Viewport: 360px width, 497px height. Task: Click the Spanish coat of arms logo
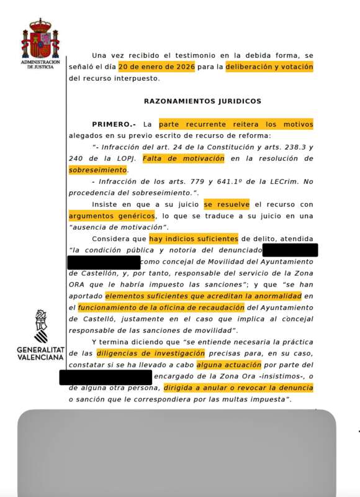40,39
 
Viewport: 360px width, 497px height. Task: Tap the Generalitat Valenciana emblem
40,327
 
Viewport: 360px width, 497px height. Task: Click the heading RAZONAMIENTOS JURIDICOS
202,101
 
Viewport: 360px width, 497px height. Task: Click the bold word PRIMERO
114,124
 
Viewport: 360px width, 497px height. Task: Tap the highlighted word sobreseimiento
96,169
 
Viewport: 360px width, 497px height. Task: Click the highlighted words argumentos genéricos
112,216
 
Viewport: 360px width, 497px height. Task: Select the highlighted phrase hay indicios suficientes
194,239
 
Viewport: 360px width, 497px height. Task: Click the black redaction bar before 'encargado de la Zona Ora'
106,376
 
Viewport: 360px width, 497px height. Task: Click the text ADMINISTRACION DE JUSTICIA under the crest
40,65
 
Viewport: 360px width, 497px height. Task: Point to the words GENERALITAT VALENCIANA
40,354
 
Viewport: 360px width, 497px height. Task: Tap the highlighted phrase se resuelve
226,204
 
